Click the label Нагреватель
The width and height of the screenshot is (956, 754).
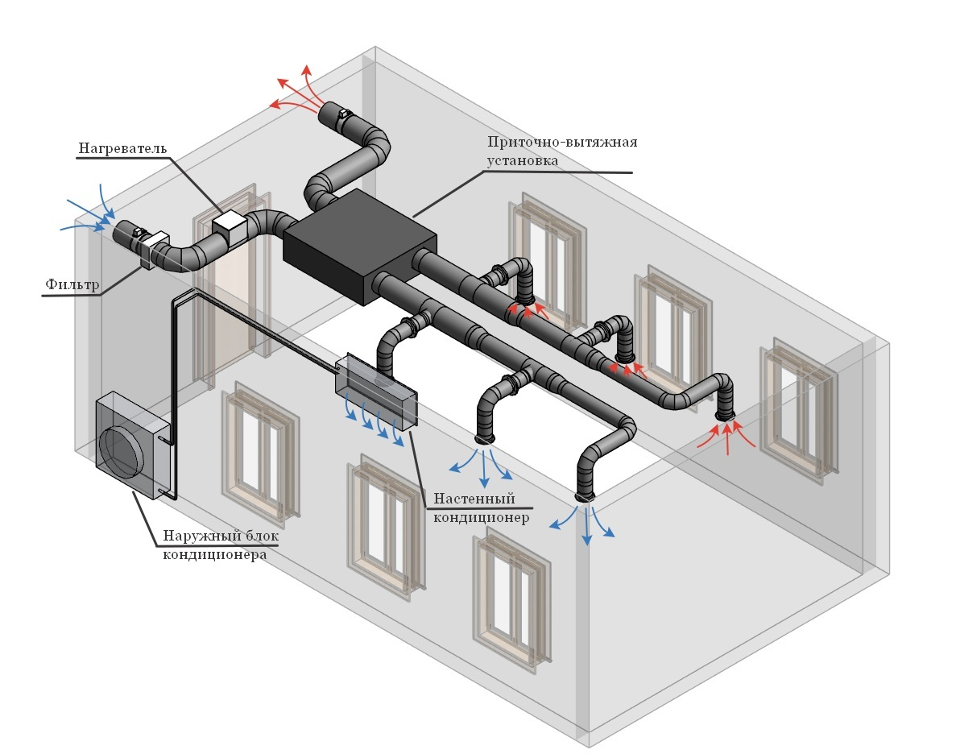[x=122, y=148]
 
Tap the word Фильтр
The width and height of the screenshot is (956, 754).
[x=72, y=284]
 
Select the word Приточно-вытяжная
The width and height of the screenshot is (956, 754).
[x=562, y=142]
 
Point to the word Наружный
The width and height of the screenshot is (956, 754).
[x=197, y=536]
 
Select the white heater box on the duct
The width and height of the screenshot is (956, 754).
[x=229, y=227]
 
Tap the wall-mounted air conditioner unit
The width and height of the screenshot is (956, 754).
[x=375, y=388]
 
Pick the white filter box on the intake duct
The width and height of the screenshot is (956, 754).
[x=154, y=248]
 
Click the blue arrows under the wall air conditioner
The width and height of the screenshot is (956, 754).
[x=374, y=420]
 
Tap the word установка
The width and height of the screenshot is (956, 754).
[x=522, y=161]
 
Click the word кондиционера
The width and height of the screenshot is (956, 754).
[x=214, y=555]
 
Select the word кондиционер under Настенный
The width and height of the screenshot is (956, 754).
[x=481, y=518]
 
